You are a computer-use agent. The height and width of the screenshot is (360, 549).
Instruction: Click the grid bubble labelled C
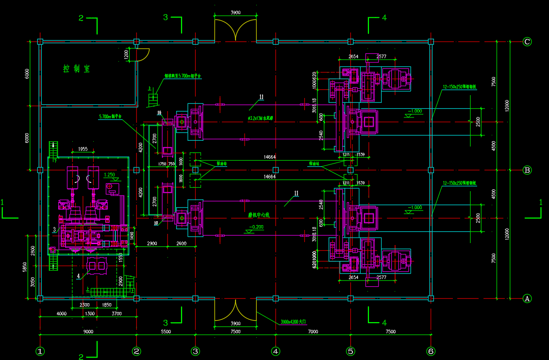point(527,42)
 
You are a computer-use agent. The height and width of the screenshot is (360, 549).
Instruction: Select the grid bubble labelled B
point(527,170)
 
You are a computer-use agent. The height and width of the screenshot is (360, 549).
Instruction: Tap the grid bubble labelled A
point(527,299)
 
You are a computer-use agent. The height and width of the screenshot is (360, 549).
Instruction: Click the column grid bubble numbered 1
point(40,351)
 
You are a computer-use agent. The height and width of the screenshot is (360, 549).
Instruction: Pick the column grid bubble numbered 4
point(275,351)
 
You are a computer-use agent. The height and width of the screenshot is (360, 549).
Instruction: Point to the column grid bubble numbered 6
point(431,351)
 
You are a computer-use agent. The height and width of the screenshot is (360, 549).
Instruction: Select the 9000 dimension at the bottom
point(88,332)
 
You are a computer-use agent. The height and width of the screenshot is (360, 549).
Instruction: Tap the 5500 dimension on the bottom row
point(166,332)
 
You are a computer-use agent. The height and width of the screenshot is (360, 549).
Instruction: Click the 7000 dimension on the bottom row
point(313,332)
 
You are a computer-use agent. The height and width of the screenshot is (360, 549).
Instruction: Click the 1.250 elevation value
point(110,175)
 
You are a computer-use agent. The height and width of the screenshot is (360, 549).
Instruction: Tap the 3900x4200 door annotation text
point(294,322)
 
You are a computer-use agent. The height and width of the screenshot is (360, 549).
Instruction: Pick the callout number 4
point(78,276)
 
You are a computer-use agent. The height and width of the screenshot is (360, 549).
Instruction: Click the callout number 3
point(55,229)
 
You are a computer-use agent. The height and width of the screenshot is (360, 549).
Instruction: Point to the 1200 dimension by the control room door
point(126,55)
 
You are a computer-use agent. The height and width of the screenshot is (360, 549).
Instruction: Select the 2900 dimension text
point(151,243)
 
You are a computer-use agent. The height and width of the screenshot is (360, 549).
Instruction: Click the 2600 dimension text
point(181,243)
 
